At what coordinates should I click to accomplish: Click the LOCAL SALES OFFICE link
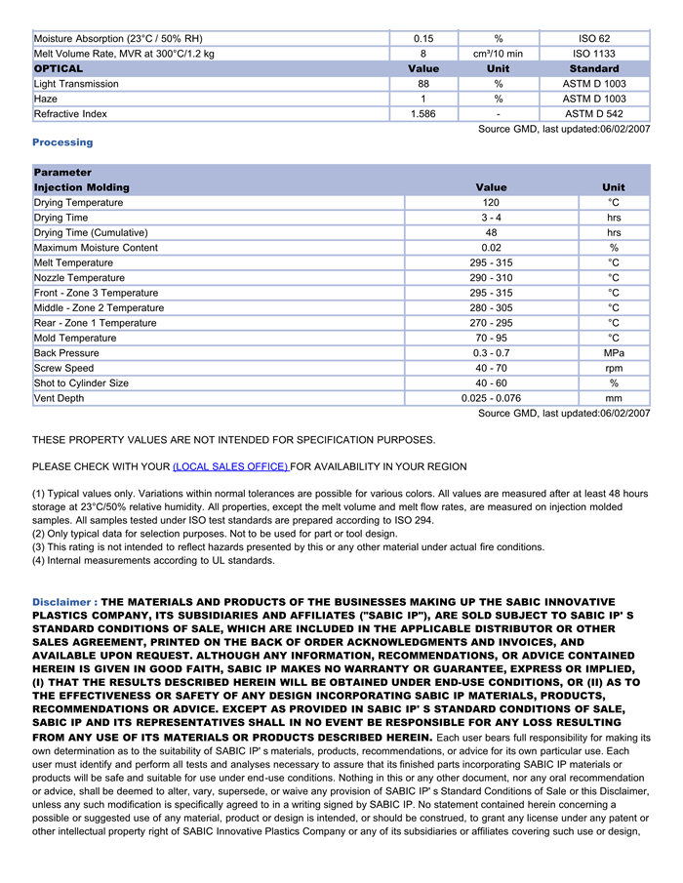pos(230,466)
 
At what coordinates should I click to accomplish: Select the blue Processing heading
pos(62,142)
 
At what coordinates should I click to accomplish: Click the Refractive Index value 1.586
pos(422,114)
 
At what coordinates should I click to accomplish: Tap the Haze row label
pos(46,99)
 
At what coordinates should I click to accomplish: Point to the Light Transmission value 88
pos(422,84)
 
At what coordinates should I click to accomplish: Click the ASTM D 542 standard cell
pos(593,114)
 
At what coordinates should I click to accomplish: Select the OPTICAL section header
pos(59,68)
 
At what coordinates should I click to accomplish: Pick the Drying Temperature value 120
pos(491,202)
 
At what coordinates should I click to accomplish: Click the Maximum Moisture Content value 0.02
pos(491,248)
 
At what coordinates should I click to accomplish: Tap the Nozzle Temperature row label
pos(79,278)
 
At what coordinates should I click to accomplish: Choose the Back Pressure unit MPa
pos(614,353)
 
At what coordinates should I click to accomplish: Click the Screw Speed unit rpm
pos(614,368)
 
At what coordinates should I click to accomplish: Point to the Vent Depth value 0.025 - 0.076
pos(491,398)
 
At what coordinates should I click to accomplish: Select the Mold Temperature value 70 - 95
pos(491,338)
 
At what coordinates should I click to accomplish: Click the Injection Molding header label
pos(81,187)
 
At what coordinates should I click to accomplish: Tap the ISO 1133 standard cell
pos(593,54)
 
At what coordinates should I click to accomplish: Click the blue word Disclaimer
pos(63,602)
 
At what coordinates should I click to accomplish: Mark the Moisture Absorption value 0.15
pos(422,38)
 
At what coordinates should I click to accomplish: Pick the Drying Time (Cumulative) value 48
pos(491,232)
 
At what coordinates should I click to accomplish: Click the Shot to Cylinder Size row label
pos(81,383)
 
